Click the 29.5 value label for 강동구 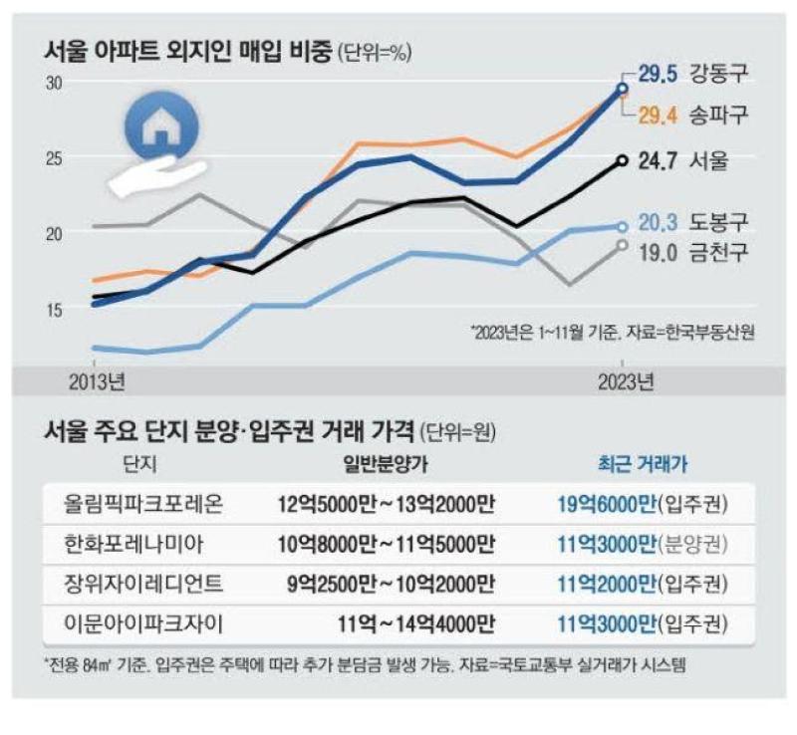coord(658,75)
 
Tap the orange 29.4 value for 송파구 coord(658,116)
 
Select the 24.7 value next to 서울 coord(658,161)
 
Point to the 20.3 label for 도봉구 coord(658,223)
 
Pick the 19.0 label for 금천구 coord(658,252)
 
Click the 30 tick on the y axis coord(54,84)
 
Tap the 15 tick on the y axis coord(54,310)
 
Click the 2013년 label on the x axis coord(97,382)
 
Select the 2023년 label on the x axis coord(626,382)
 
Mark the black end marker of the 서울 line coord(622,160)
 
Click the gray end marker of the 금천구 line coord(622,245)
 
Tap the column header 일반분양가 coord(386,463)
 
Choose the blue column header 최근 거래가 coord(643,463)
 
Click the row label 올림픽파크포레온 coord(142,504)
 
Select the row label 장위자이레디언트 coord(142,584)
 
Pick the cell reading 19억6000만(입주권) coord(643,504)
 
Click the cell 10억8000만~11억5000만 coord(386,545)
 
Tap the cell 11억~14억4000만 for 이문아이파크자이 coord(415,623)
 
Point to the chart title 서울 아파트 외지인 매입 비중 coord(188,52)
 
